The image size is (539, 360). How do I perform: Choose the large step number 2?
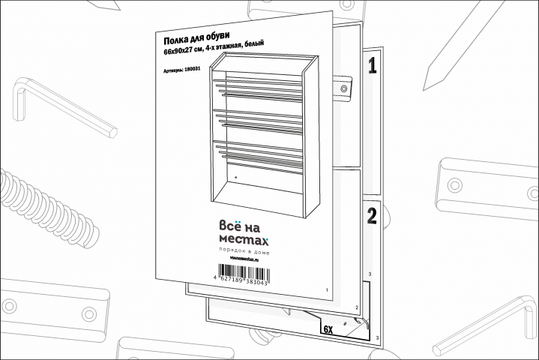371,217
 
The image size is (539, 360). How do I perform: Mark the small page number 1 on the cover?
327,289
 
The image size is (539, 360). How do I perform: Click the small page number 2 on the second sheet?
356,308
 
